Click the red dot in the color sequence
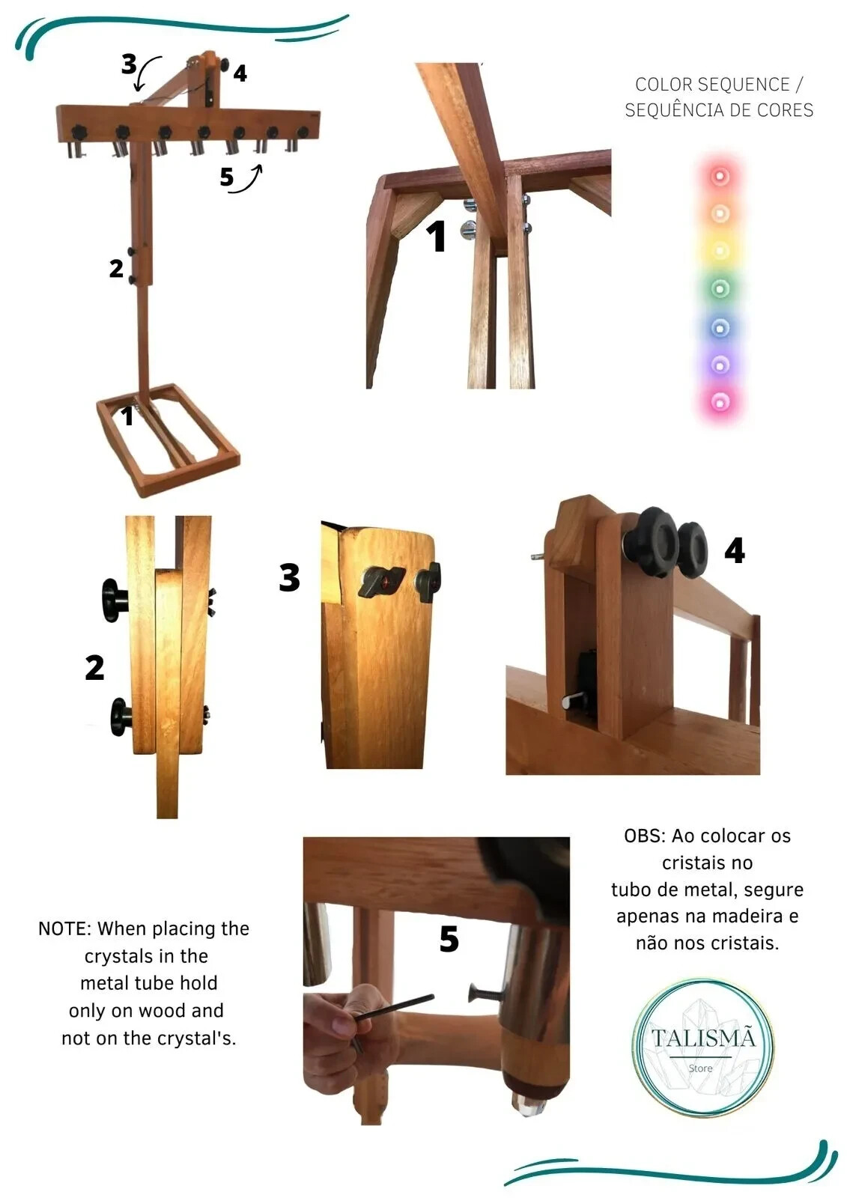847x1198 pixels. point(720,175)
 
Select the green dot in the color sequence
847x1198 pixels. point(720,289)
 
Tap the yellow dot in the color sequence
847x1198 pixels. point(720,250)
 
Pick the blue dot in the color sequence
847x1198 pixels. point(720,327)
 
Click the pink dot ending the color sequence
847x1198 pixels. point(720,401)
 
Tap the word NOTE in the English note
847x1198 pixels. point(63,929)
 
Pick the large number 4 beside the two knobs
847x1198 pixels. point(734,550)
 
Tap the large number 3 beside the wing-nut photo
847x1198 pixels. point(289,577)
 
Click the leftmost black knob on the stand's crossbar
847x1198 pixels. point(79,130)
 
